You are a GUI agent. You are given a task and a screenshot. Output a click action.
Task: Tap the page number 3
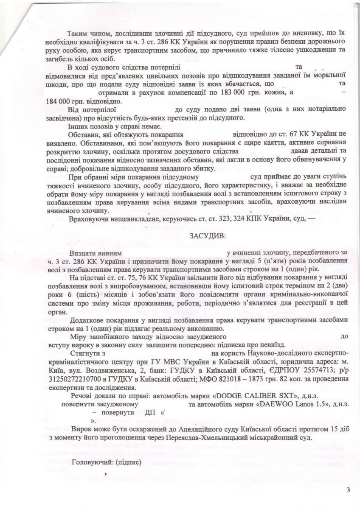coord(349,490)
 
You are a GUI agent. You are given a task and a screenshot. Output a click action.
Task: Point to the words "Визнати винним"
coord(92,252)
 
